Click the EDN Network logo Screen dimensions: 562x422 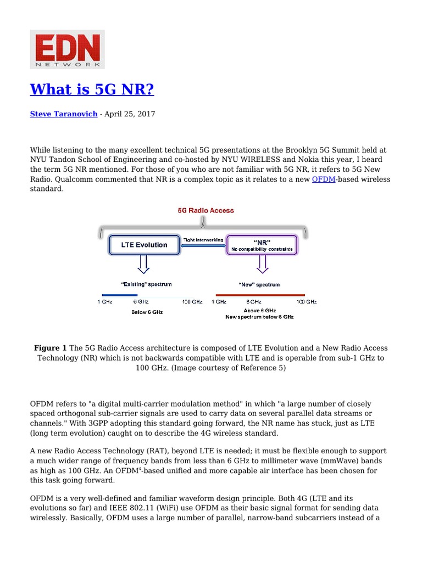coord(67,49)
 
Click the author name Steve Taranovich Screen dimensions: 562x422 coord(63,114)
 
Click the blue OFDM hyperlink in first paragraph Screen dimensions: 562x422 coord(323,179)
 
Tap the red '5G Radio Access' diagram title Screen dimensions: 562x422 coord(205,210)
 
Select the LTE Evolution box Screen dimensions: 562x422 coord(144,245)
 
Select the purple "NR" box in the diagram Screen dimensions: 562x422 coord(262,245)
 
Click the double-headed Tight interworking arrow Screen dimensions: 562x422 coord(203,246)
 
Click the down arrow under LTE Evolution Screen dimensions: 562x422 coord(143,265)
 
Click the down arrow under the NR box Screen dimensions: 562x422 coord(262,265)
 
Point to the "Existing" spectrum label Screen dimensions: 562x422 coord(146,284)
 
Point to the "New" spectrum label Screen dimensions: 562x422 coord(259,284)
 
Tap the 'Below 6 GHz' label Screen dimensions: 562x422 coord(147,312)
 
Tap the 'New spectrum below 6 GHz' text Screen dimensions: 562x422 coord(259,317)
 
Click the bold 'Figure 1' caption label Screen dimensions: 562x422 coord(50,348)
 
